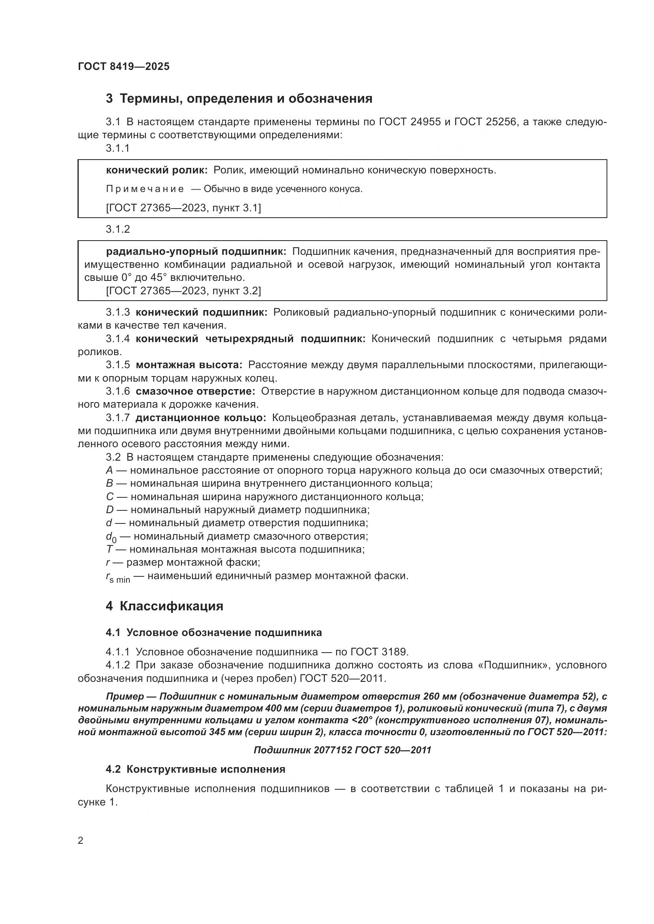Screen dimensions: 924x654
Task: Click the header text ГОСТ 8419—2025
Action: coord(124,66)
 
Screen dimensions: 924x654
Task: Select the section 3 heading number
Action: coord(109,99)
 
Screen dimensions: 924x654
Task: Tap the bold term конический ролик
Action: coord(156,170)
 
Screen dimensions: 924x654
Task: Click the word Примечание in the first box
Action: coord(145,189)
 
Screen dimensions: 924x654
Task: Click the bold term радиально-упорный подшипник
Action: coord(196,252)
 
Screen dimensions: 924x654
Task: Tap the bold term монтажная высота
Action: coord(189,365)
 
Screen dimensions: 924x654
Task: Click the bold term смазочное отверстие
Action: coord(195,391)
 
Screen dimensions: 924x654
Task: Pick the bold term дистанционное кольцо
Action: coord(200,418)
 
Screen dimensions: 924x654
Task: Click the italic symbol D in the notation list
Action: coord(110,510)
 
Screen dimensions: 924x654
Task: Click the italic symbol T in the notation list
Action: coord(110,550)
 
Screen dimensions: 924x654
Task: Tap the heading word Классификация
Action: coord(171,606)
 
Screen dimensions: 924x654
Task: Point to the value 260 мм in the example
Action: coord(442,696)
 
